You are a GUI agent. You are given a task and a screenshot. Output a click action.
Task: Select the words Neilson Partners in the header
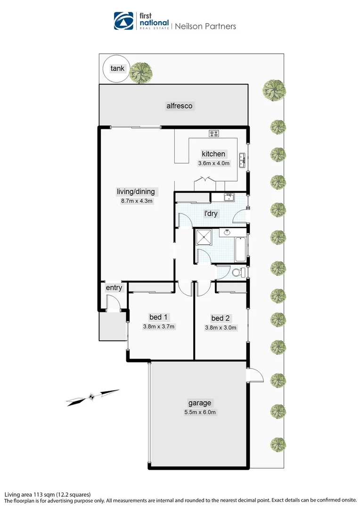(205, 26)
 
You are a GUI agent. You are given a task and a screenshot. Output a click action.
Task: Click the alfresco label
(180, 106)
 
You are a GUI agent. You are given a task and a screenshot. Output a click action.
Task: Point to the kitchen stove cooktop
(214, 133)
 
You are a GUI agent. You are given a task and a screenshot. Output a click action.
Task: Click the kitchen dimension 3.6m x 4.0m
(213, 164)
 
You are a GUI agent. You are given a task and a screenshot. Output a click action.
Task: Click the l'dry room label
(211, 213)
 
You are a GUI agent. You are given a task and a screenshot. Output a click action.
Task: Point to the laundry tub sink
(229, 197)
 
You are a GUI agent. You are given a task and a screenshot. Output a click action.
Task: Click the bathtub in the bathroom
(240, 250)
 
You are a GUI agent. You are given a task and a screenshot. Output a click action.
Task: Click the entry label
(114, 287)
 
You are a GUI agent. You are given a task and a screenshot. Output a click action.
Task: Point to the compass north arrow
(92, 396)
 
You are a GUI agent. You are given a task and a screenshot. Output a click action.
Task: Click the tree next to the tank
(141, 72)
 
